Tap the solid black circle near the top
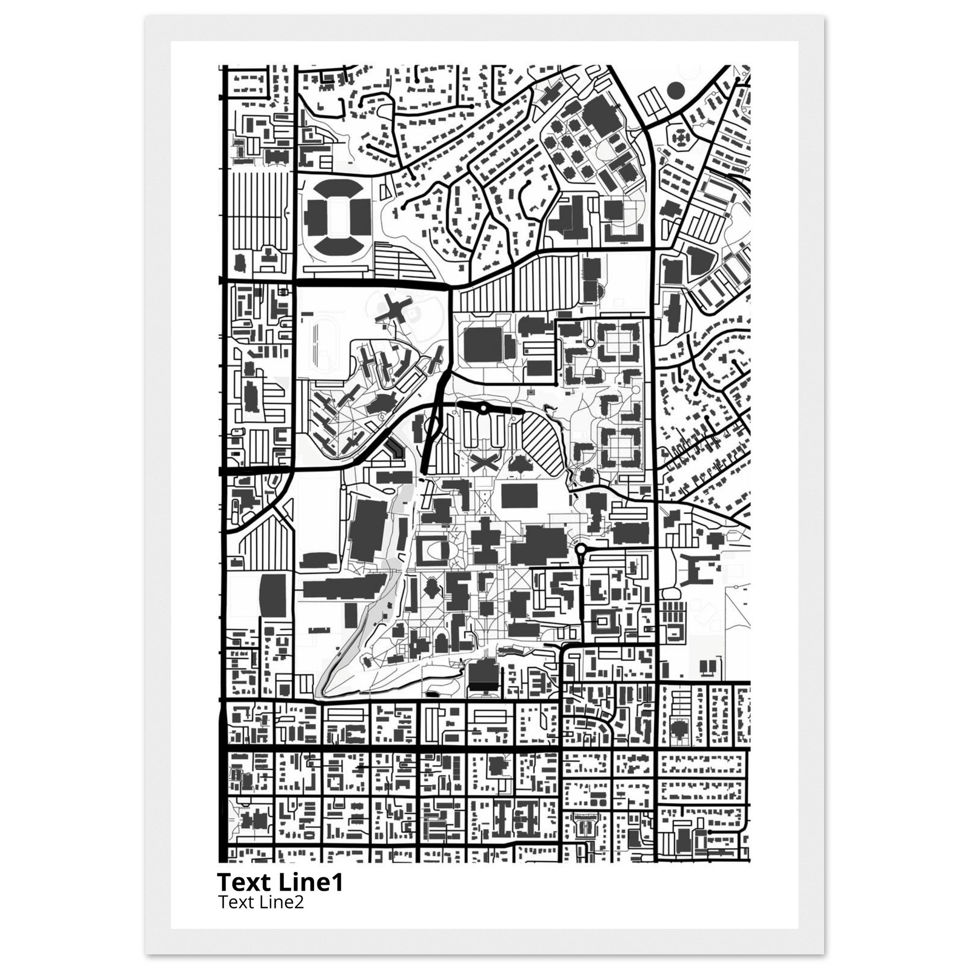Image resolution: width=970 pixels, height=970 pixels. click(676, 91)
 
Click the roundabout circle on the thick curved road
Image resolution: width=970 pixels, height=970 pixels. click(483, 409)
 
